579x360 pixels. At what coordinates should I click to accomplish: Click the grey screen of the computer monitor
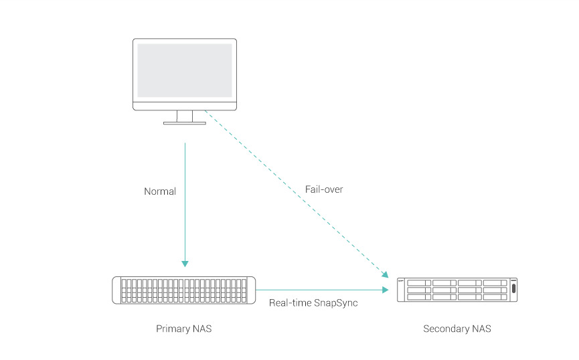(x=185, y=70)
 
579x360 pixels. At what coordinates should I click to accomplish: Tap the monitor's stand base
(x=185, y=122)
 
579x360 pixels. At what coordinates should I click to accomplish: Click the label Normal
(x=160, y=191)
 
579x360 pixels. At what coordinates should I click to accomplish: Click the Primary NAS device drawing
(x=184, y=290)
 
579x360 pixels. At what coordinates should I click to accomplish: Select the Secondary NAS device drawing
(x=457, y=290)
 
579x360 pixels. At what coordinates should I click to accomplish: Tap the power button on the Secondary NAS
(x=513, y=290)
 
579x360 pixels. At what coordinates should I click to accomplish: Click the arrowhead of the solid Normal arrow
(x=185, y=263)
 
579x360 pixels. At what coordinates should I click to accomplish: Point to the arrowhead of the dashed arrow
(x=385, y=274)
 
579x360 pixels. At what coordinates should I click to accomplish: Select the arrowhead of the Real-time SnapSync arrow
(x=386, y=290)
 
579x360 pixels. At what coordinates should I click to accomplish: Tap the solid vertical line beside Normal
(x=185, y=201)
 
